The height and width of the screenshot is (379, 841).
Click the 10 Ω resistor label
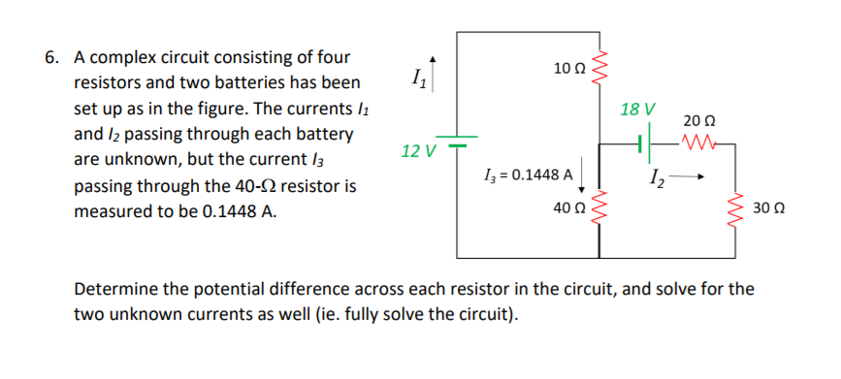[568, 67]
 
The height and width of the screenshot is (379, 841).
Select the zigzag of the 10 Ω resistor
[598, 66]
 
